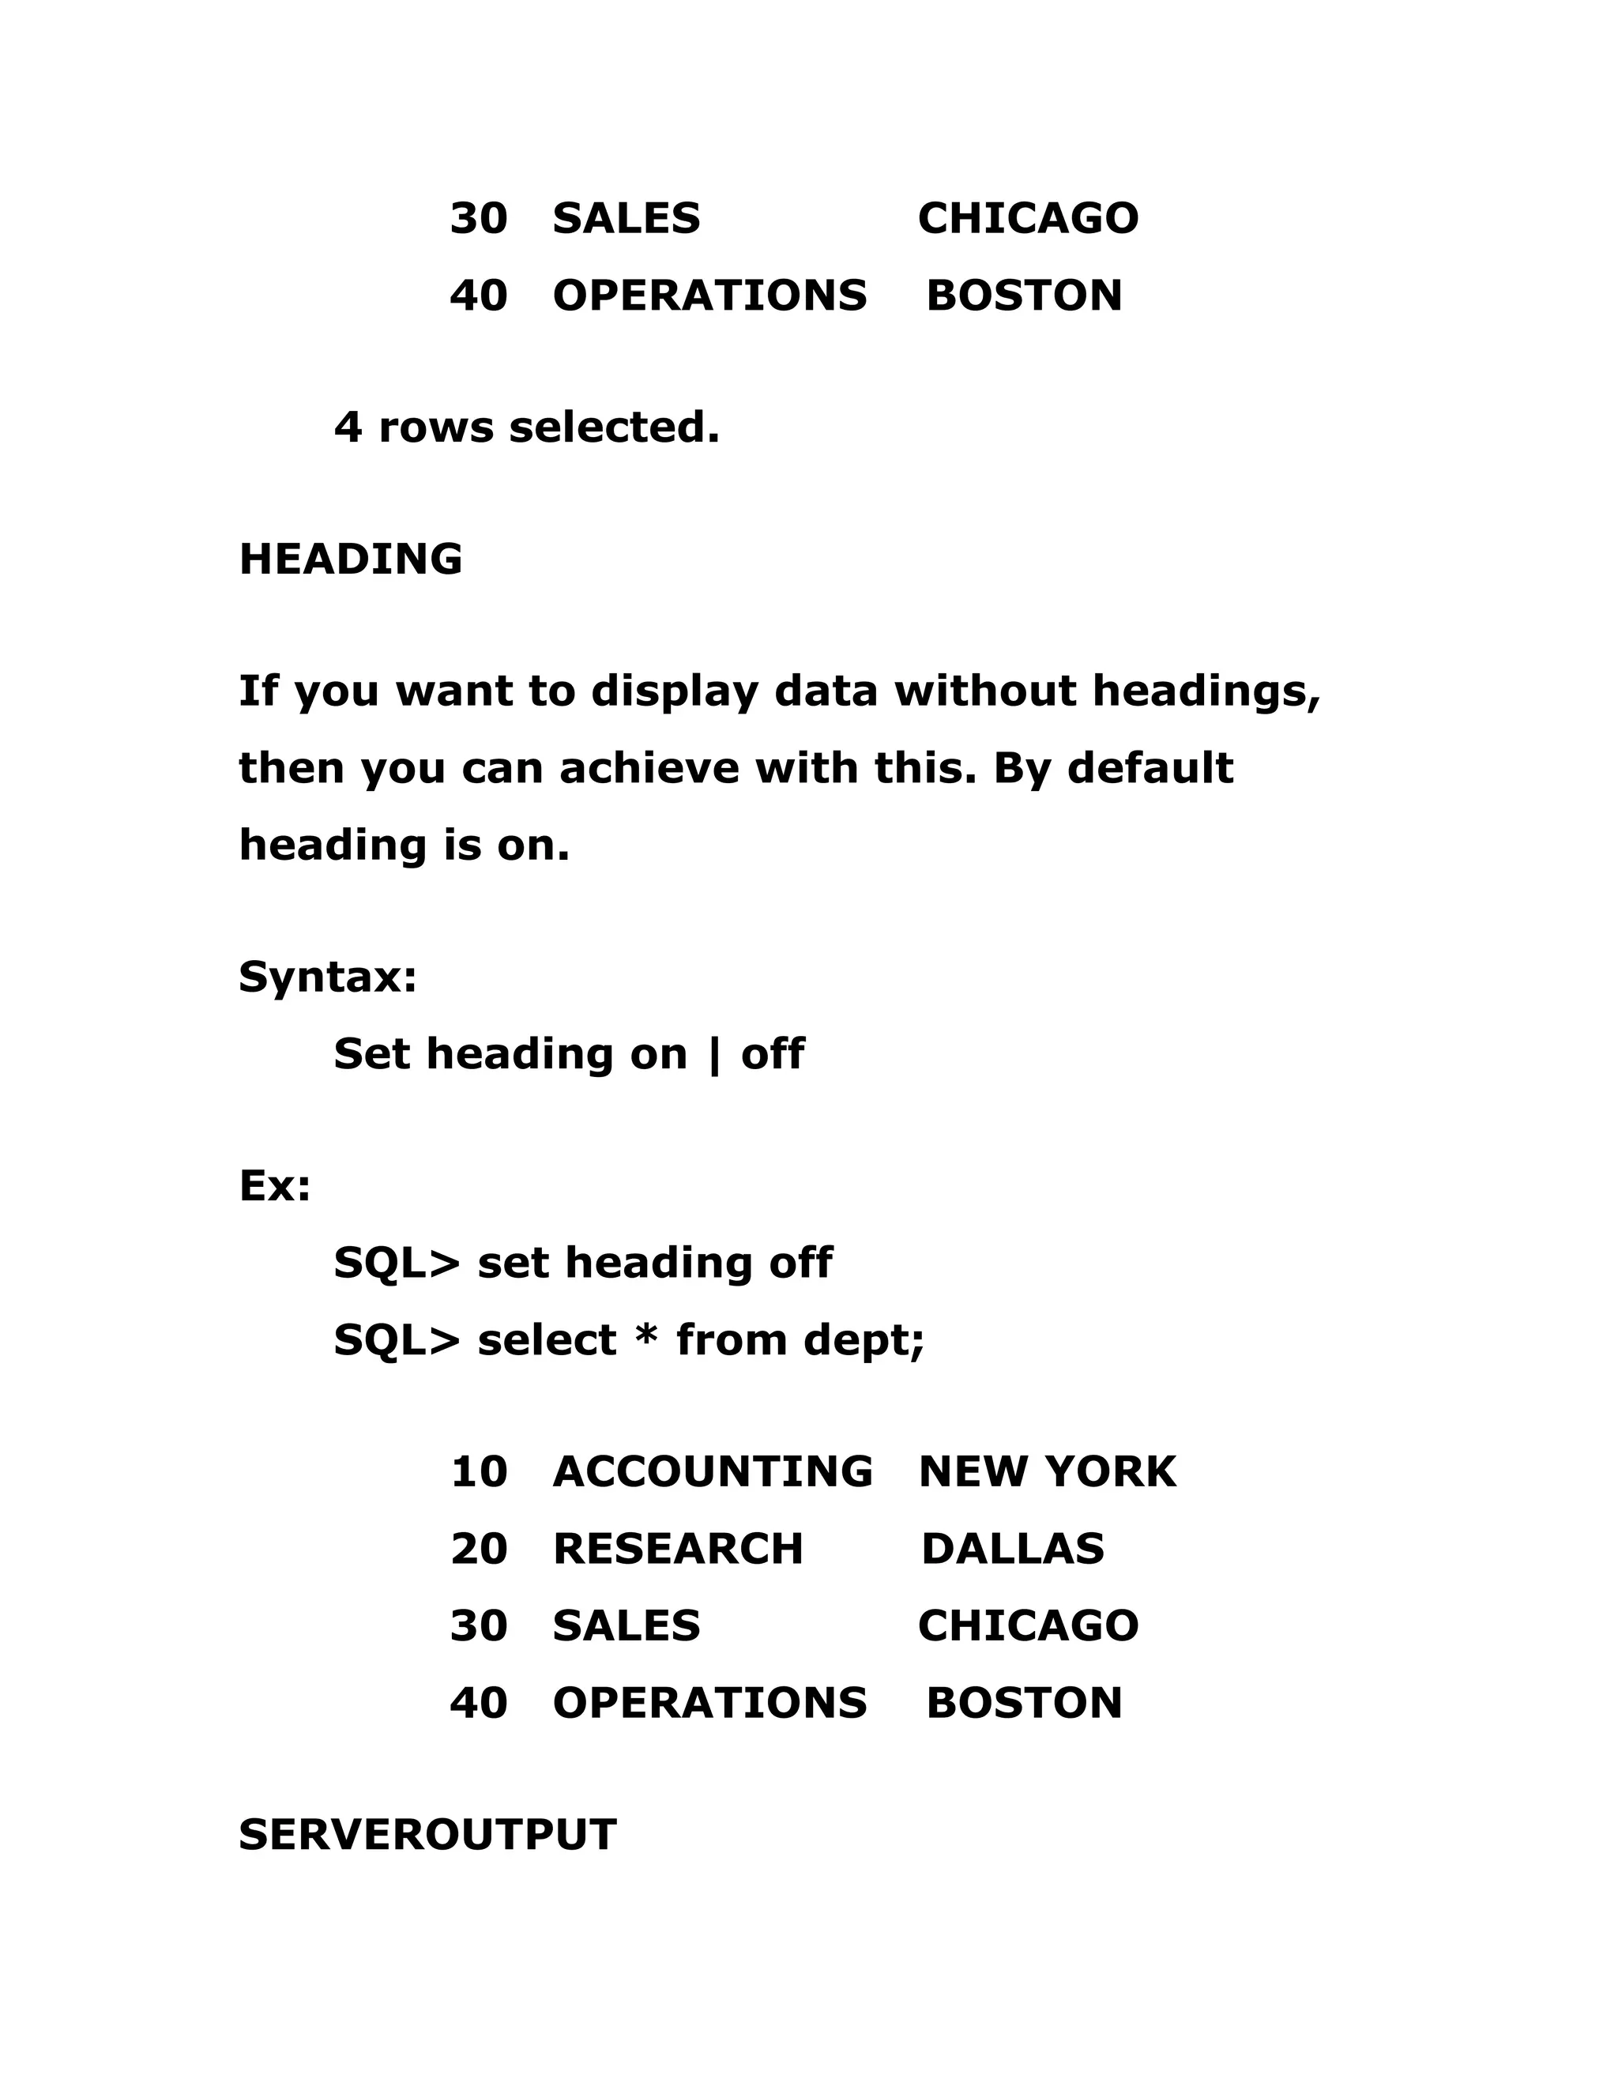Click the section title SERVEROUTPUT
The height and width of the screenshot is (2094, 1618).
tap(427, 1835)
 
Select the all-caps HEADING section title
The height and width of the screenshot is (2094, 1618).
tap(351, 559)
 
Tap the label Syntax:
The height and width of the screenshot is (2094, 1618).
tap(328, 977)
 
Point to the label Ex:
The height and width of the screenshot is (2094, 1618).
tap(275, 1186)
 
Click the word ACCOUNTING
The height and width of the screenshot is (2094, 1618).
tap(712, 1472)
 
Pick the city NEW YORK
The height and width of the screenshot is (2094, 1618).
tap(1047, 1472)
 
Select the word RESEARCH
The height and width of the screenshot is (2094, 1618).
tap(678, 1550)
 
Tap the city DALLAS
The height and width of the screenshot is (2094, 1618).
tap(1012, 1550)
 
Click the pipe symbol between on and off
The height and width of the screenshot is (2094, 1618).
tap(713, 1055)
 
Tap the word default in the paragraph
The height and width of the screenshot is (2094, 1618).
tap(1150, 768)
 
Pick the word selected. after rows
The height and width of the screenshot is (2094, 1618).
tap(613, 427)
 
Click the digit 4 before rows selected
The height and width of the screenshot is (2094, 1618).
tap(348, 427)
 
